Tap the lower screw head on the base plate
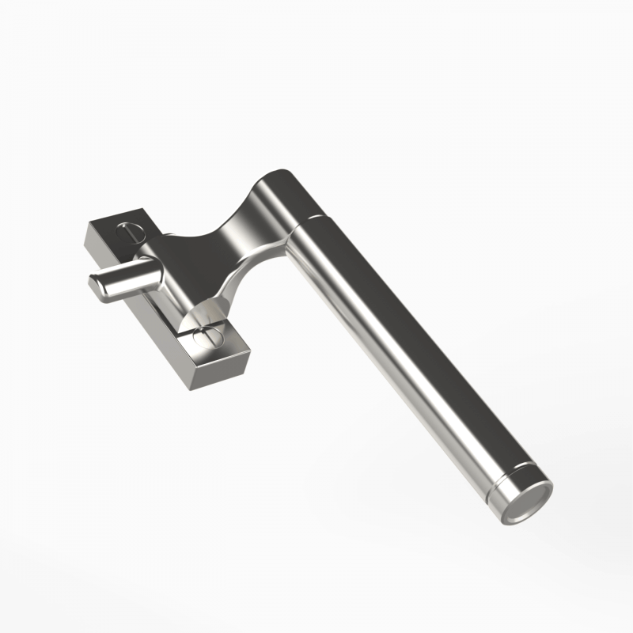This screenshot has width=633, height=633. (205, 338)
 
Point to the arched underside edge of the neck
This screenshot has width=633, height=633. (237, 277)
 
